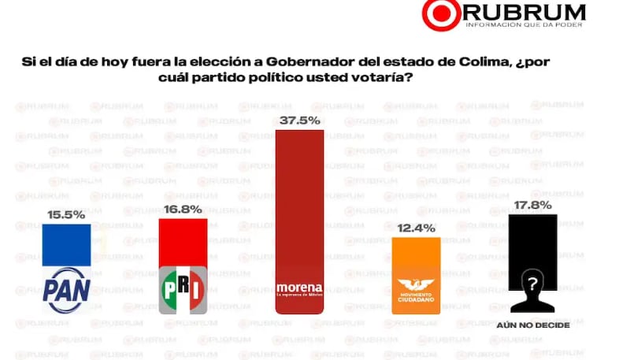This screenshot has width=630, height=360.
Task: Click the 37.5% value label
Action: point(298,120)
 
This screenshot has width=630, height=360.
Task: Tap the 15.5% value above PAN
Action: point(66,213)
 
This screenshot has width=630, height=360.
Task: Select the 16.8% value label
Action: point(183,209)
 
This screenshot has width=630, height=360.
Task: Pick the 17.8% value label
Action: point(533,205)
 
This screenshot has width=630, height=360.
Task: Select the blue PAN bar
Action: point(66,244)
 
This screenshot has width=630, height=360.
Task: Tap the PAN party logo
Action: point(66,291)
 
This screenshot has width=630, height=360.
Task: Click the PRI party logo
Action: point(183,290)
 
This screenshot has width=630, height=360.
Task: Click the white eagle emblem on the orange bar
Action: point(415,286)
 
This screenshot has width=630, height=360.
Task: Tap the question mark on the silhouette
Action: point(532,283)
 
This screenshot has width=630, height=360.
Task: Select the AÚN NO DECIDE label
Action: point(533,325)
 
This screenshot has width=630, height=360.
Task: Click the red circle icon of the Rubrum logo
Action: point(439,13)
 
